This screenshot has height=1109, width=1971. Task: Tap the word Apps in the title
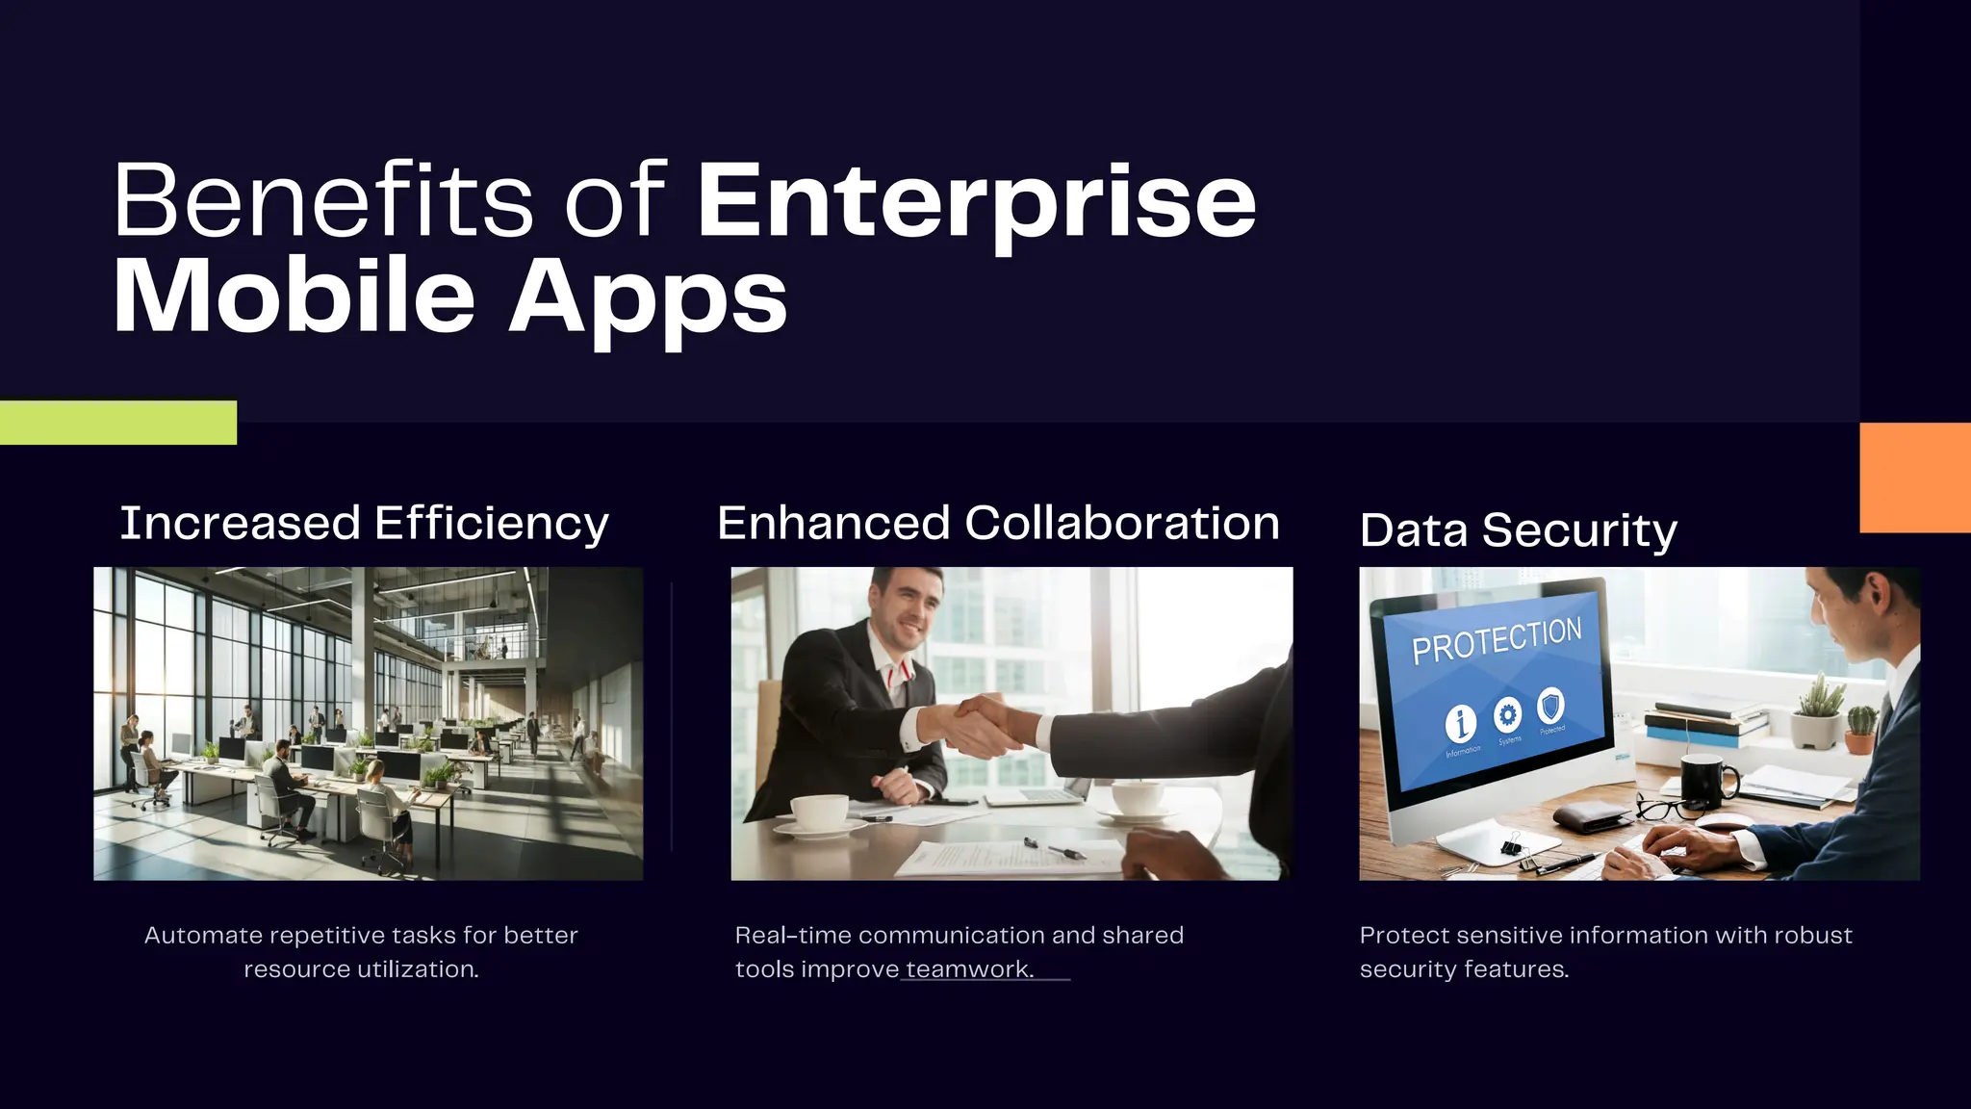click(647, 298)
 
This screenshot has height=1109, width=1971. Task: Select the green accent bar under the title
click(117, 423)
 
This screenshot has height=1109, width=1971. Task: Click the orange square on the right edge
click(1914, 477)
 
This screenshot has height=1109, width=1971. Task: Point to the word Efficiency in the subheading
click(491, 525)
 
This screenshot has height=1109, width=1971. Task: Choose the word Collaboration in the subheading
click(1121, 524)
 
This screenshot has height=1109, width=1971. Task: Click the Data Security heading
click(1518, 530)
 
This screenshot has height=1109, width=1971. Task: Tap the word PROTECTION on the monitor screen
click(1497, 641)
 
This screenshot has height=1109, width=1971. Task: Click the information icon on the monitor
click(1461, 723)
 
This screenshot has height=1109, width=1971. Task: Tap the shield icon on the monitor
click(1550, 706)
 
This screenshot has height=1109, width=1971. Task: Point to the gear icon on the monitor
click(1507, 715)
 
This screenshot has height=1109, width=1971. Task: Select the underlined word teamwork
click(968, 969)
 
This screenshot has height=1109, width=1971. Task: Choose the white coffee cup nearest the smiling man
click(818, 814)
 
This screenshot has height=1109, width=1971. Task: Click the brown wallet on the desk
click(1592, 818)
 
